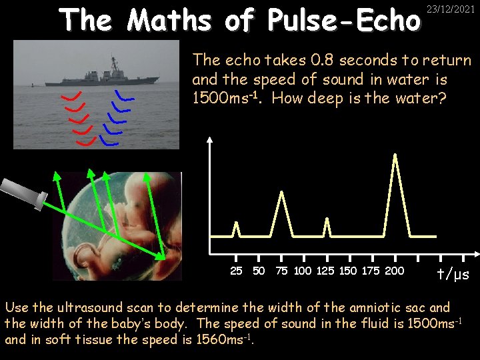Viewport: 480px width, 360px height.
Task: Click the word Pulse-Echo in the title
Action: click(x=345, y=21)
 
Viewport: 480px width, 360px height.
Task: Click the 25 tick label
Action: click(x=236, y=271)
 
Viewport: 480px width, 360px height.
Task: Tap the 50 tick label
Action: click(x=259, y=271)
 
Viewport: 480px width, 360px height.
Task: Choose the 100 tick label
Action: click(x=303, y=271)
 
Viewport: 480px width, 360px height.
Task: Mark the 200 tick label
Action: click(x=395, y=271)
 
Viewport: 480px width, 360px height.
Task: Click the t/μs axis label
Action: click(x=453, y=273)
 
